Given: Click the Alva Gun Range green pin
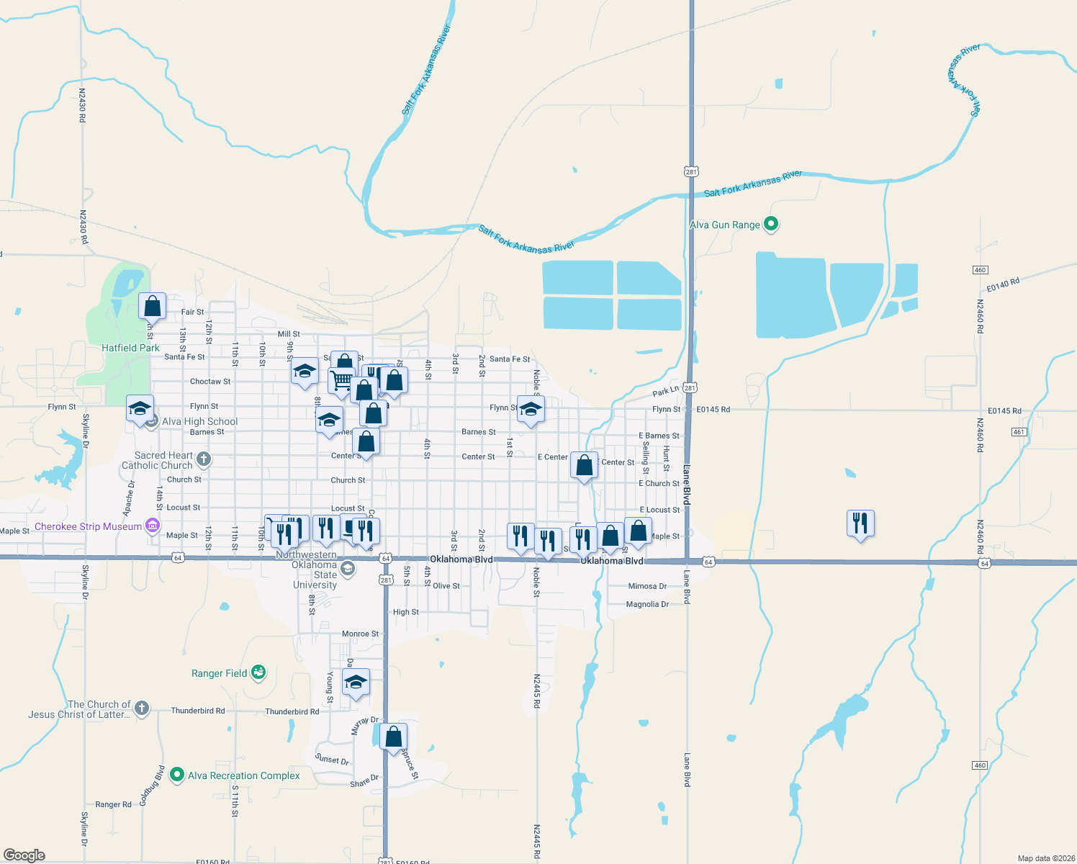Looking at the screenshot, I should (771, 224).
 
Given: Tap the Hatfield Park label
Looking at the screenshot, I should (130, 348).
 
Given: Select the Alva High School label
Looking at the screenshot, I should (199, 421).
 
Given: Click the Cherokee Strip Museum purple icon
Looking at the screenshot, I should (153, 526).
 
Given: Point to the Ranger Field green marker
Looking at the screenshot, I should (259, 673).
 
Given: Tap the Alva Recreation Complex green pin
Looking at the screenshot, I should (177, 775).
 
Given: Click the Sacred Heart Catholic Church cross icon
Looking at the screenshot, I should (204, 459).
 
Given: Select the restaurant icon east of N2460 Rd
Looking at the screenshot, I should (860, 523).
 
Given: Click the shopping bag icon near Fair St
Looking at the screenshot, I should (153, 306).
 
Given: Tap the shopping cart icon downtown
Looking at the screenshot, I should (342, 380).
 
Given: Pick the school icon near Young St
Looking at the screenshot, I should (356, 682).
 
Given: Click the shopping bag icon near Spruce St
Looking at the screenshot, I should (394, 737).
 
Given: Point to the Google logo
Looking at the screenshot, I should (24, 855).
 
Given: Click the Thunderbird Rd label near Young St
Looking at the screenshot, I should (292, 711).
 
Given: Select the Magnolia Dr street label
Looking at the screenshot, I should (647, 604).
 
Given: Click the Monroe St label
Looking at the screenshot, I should (360, 634).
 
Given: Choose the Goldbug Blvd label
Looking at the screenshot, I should (153, 786).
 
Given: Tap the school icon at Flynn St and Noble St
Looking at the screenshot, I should (531, 410).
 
